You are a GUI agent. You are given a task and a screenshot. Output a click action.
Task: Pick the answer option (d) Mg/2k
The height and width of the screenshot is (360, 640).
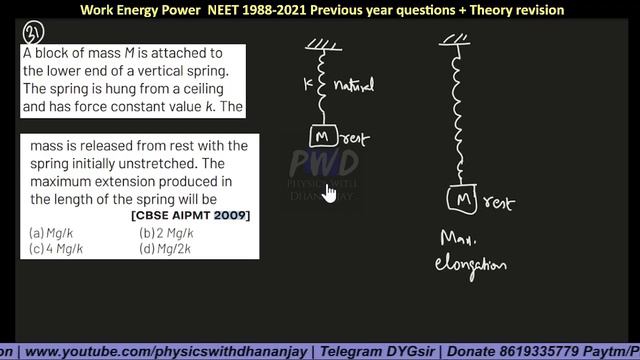tap(165, 248)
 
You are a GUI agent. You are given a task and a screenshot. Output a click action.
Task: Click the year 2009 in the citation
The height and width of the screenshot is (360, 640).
tap(230, 216)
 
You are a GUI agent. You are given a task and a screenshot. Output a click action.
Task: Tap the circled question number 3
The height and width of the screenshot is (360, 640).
tap(30, 37)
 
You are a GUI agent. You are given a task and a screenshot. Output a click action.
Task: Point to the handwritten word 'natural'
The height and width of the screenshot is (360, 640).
tap(352, 87)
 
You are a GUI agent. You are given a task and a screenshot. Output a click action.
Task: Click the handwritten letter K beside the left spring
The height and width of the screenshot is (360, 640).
tap(307, 86)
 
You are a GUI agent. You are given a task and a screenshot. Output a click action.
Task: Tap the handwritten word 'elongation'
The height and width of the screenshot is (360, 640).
tap(470, 266)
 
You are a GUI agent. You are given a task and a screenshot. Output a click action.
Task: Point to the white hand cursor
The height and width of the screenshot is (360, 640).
tap(329, 191)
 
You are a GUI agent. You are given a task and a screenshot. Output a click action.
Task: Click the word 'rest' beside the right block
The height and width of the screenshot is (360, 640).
tap(498, 203)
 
